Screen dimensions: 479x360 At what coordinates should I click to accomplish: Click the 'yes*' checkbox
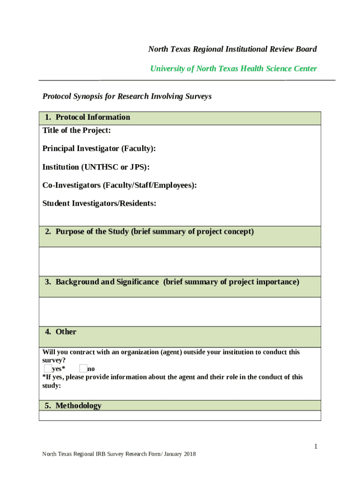point(47,369)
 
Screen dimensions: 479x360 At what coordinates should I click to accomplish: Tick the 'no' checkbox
point(83,369)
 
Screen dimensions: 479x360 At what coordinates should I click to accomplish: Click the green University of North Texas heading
point(233,69)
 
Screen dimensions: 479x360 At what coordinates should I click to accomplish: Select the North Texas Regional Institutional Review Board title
point(232,49)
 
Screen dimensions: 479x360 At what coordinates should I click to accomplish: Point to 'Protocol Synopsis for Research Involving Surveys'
point(127,96)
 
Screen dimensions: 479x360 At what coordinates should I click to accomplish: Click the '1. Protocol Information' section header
point(87,117)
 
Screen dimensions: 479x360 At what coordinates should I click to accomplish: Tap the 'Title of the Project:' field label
point(77,131)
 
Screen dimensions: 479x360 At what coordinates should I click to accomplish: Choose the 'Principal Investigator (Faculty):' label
point(99,149)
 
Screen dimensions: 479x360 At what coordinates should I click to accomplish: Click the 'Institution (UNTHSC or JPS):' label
point(96,167)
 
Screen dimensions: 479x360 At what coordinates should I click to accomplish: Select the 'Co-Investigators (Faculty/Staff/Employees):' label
point(120,185)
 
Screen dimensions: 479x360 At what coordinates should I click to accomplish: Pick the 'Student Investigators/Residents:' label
point(99,203)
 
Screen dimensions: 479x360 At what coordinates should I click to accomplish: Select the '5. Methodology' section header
point(73,406)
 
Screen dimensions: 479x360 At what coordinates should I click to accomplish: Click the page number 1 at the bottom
point(316,447)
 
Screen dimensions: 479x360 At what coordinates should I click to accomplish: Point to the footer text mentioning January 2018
point(119,454)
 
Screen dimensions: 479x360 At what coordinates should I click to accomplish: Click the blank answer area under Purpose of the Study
point(180,261)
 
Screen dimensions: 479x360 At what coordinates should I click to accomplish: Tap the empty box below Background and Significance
point(180,312)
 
